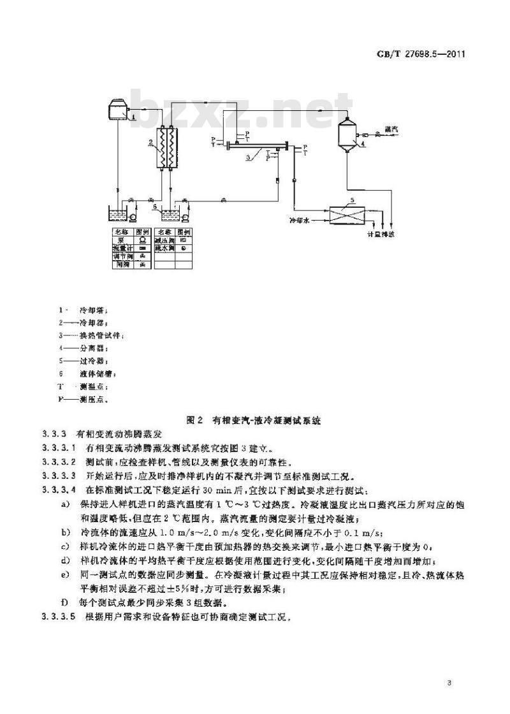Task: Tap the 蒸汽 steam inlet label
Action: [x=391, y=129]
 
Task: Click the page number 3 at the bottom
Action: [x=449, y=684]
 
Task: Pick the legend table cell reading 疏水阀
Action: [x=163, y=248]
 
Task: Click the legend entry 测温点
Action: [x=93, y=386]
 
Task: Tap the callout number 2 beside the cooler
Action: [x=150, y=141]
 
